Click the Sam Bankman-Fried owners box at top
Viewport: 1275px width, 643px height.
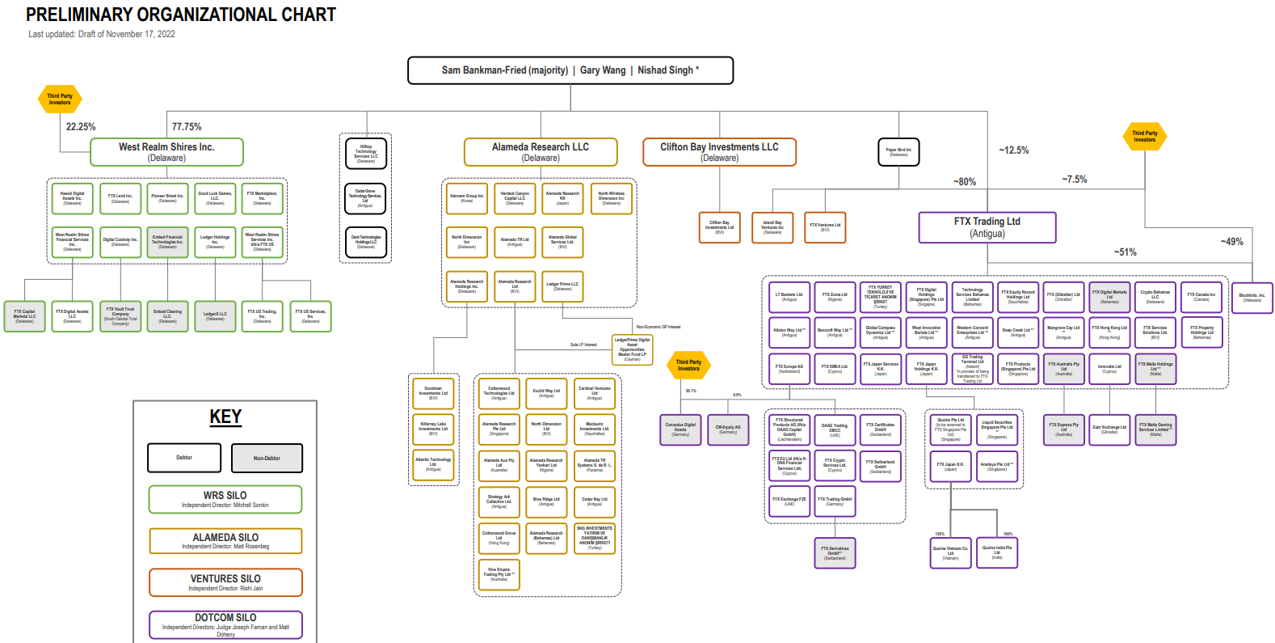pos(570,70)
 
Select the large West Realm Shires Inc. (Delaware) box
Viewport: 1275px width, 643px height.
pos(166,152)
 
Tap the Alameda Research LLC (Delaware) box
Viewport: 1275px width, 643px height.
pos(541,152)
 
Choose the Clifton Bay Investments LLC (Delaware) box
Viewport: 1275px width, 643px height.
pos(719,152)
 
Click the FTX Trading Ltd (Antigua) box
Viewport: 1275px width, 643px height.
pos(987,227)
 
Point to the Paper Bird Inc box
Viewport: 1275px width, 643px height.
pos(898,152)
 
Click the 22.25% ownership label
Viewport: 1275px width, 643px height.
pos(81,127)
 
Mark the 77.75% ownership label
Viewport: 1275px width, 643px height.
pos(187,127)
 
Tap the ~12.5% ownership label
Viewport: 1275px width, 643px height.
pos(1014,150)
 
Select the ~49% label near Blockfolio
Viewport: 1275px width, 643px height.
pos(1232,242)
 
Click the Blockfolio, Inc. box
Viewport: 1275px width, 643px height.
pos(1252,298)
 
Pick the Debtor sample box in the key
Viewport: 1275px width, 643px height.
pos(184,458)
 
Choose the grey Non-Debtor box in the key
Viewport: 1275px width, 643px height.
pos(267,458)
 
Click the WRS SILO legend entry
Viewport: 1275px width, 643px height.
pos(225,499)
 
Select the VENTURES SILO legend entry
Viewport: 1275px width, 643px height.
pos(225,582)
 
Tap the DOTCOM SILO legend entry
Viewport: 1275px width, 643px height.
pos(225,624)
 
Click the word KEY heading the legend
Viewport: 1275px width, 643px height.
pos(225,417)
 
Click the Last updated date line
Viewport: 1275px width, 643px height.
pos(102,34)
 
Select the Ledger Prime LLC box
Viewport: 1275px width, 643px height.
pos(562,286)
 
